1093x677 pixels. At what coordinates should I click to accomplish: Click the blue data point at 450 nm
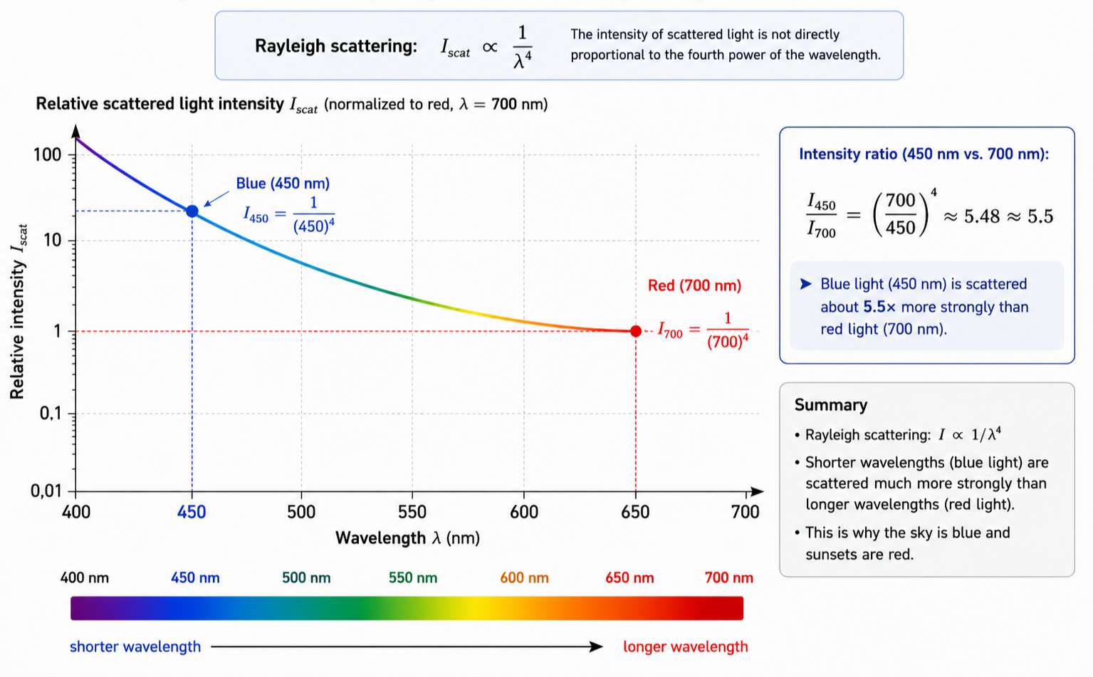[192, 211]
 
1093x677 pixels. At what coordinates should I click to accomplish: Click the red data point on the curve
[636, 332]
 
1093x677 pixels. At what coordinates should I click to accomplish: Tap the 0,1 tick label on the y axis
[51, 414]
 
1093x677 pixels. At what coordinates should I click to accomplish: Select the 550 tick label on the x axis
[412, 512]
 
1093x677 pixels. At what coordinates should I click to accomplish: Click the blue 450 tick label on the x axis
[192, 512]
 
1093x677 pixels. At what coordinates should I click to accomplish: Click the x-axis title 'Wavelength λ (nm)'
[408, 538]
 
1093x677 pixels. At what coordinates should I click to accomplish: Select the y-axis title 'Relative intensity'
[18, 330]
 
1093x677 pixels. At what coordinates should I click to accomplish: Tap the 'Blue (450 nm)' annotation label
[283, 184]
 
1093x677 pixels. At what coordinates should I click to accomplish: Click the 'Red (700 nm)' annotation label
[694, 285]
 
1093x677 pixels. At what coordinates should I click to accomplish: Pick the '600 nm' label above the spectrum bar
[525, 578]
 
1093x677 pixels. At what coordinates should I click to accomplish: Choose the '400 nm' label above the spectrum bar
[85, 578]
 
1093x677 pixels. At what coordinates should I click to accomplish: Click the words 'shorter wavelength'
[135, 647]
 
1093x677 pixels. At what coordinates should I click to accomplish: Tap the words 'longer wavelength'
[686, 647]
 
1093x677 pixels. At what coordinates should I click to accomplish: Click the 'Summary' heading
[831, 405]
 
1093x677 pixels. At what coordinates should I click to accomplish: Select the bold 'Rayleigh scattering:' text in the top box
[336, 46]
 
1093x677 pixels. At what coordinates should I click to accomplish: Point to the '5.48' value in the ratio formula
[982, 216]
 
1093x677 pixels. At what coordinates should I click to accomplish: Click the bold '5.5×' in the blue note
[880, 307]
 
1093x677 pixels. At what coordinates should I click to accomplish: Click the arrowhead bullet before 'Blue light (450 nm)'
[805, 284]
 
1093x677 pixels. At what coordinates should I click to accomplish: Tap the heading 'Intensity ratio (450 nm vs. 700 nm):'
[924, 154]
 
